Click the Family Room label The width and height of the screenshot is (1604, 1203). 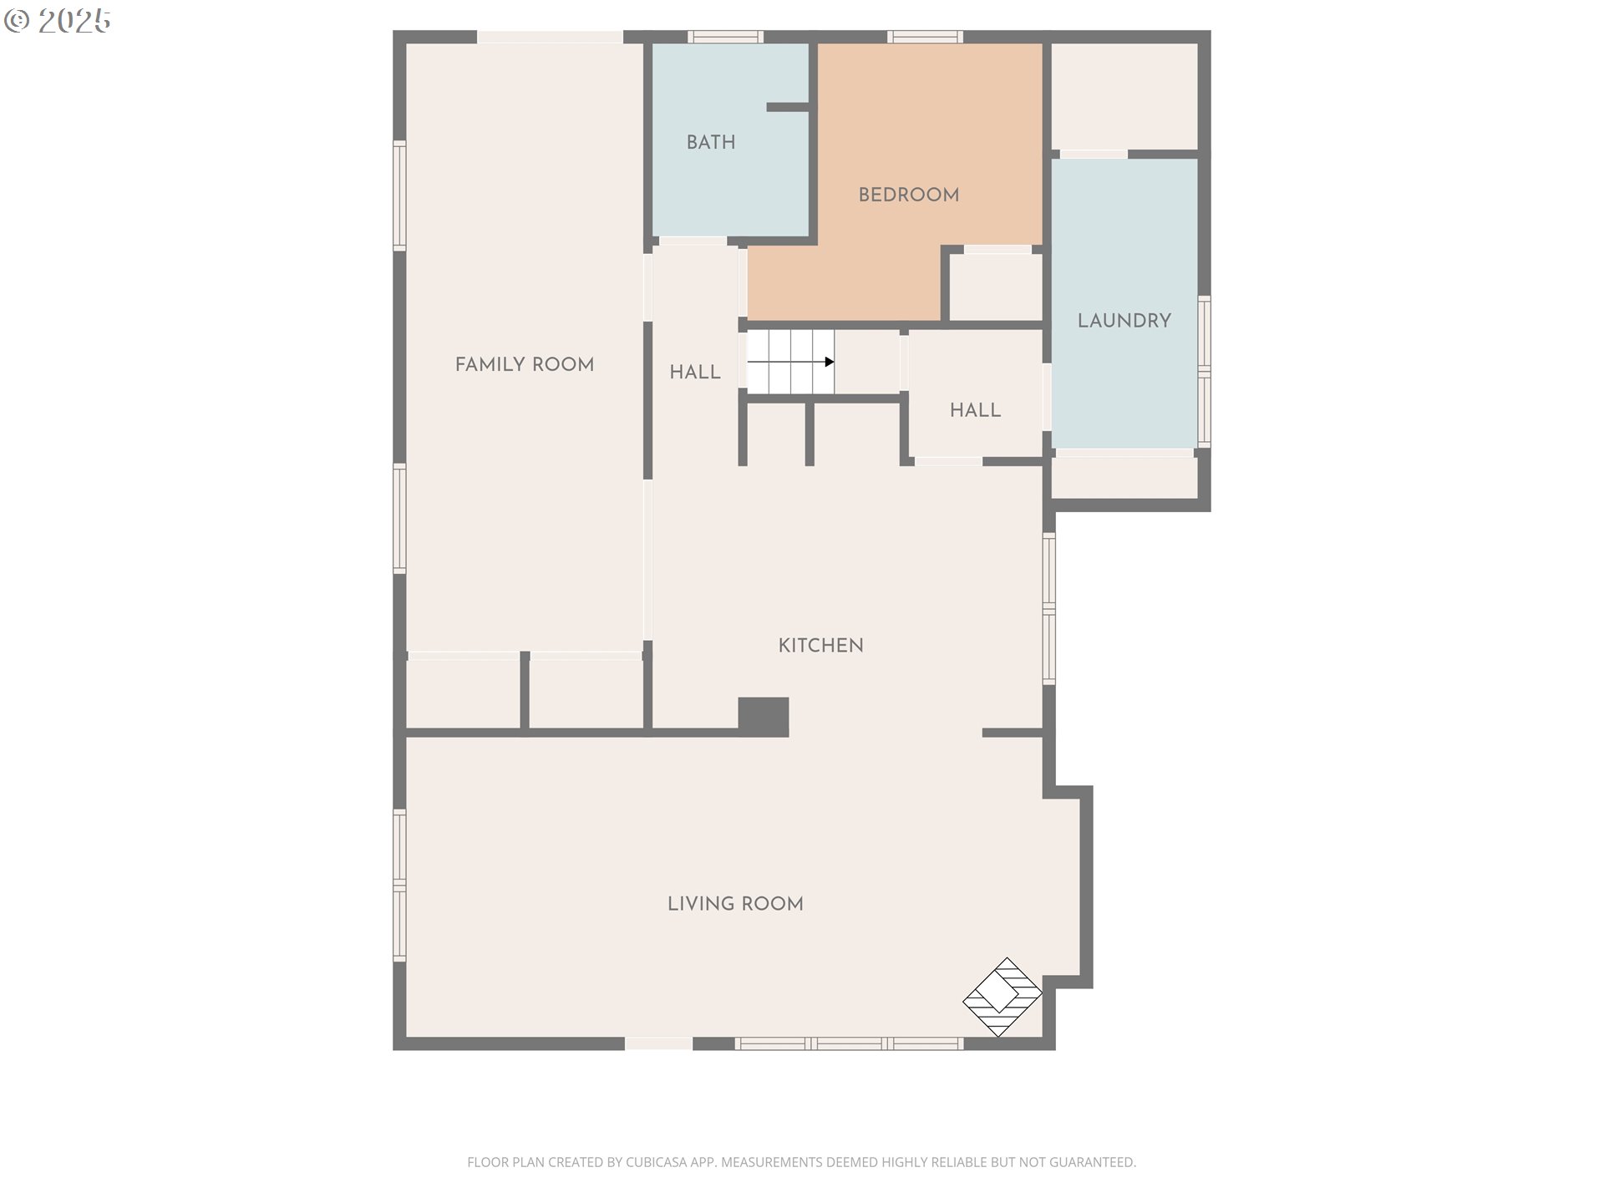point(524,364)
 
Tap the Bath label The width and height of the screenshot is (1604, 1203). point(711,142)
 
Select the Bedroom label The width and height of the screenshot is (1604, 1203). point(908,195)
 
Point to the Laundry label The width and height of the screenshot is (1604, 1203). point(1124,321)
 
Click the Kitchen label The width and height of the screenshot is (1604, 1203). point(820,645)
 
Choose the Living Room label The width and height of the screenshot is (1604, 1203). point(735,903)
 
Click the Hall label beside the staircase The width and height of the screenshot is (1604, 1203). point(694,373)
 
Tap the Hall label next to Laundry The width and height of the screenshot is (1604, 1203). point(975,410)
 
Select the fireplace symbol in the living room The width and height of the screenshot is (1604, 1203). point(1002,997)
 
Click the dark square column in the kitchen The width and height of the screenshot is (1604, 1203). point(764,717)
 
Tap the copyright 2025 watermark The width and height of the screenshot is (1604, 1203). point(58,21)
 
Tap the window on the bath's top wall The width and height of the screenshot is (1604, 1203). point(725,37)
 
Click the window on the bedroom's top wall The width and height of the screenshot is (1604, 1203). point(925,37)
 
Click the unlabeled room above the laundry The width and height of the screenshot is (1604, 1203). point(1124,96)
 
